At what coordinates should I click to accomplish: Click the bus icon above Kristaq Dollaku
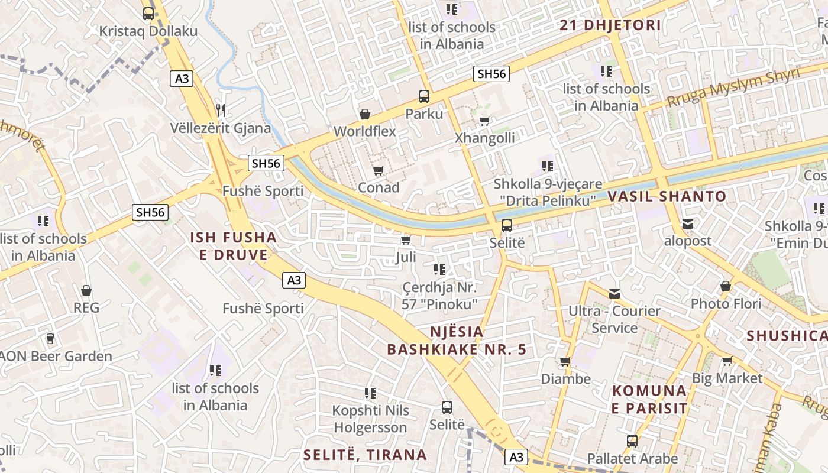click(148, 13)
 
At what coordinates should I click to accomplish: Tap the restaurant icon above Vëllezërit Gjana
click(221, 109)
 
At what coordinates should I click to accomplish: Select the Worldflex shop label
click(365, 131)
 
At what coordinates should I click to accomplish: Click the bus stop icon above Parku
click(423, 96)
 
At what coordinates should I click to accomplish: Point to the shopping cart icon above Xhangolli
click(484, 121)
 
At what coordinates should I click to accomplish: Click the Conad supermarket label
click(379, 187)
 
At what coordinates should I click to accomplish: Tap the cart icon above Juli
click(406, 239)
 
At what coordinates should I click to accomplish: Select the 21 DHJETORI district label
click(610, 25)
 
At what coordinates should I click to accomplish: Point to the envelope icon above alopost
click(687, 224)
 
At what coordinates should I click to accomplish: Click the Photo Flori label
click(726, 304)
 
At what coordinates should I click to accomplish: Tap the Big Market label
click(727, 378)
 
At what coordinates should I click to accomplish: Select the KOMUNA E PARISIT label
click(649, 400)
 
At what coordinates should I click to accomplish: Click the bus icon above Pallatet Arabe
click(632, 440)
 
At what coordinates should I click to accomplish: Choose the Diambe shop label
click(565, 379)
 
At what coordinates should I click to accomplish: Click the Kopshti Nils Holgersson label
click(370, 419)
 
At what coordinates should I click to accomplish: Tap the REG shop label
click(86, 307)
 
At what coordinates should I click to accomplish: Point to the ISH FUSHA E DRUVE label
click(233, 246)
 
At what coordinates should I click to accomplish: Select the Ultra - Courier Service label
click(614, 319)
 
